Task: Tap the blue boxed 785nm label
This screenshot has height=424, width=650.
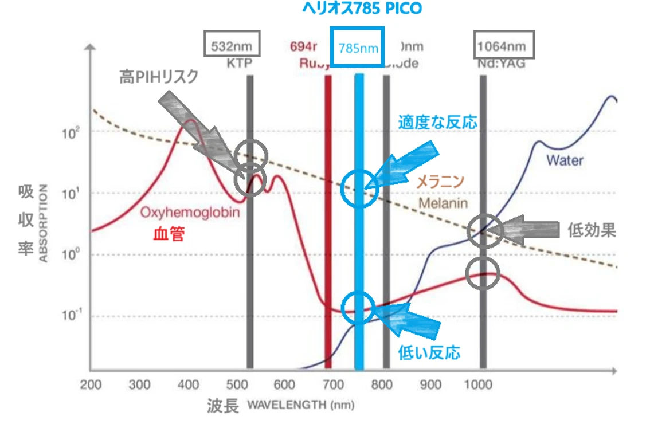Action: (358, 48)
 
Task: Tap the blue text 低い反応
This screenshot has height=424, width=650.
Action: (429, 353)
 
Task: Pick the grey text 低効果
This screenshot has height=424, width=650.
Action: (592, 230)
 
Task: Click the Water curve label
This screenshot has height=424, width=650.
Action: (565, 160)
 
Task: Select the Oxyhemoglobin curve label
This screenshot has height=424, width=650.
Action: (190, 213)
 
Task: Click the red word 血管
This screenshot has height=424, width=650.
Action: (169, 233)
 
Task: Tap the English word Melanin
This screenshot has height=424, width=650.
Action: (443, 203)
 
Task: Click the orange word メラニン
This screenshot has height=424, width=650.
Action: (440, 182)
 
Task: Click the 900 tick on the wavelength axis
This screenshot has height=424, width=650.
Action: (431, 385)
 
